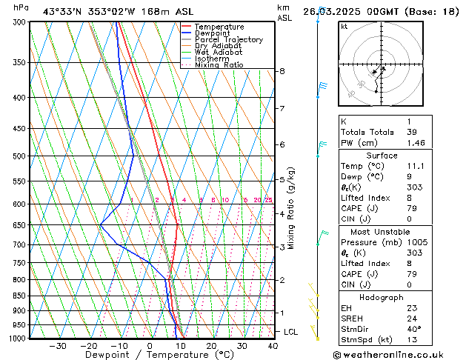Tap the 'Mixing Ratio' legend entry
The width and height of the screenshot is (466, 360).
(x=219, y=65)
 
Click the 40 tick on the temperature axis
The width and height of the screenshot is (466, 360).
(x=273, y=346)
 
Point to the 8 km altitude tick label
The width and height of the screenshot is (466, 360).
(x=282, y=71)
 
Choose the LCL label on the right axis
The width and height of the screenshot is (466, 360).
(x=291, y=332)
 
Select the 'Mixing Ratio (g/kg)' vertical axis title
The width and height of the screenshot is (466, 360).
(x=291, y=208)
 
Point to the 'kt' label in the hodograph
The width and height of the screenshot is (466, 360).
(x=344, y=26)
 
